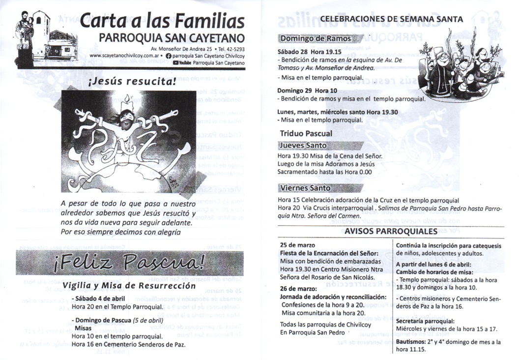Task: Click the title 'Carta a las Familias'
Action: [x=162, y=22]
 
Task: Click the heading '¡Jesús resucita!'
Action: [x=132, y=81]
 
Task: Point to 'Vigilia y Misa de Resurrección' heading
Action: [x=130, y=285]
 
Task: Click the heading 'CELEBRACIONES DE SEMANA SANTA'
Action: [x=391, y=19]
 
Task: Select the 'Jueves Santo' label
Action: [x=303, y=146]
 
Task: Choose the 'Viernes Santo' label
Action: [x=305, y=188]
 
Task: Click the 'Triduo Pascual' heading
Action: [x=306, y=133]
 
